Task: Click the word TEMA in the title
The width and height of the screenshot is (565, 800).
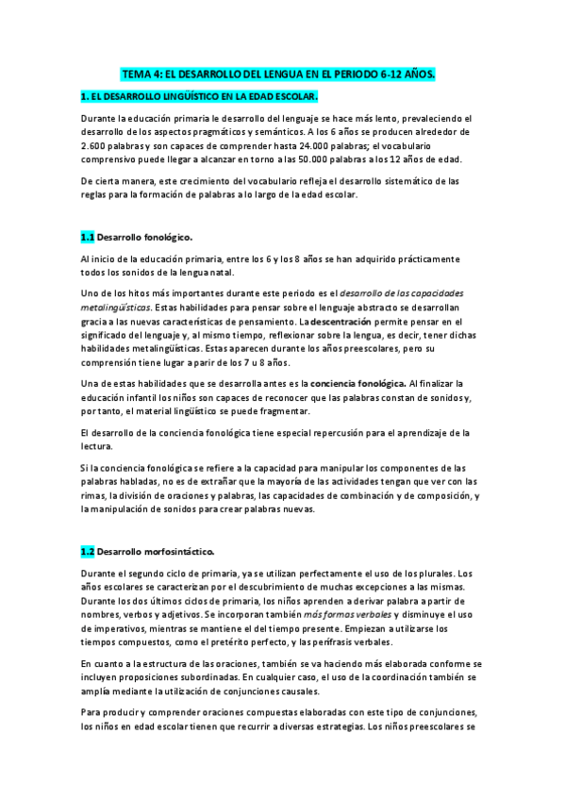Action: [139, 73]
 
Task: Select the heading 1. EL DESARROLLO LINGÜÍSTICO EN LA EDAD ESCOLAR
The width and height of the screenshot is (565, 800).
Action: [198, 96]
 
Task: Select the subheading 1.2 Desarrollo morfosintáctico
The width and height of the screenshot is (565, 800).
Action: [146, 551]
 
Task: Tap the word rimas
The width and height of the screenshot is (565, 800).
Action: [94, 496]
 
